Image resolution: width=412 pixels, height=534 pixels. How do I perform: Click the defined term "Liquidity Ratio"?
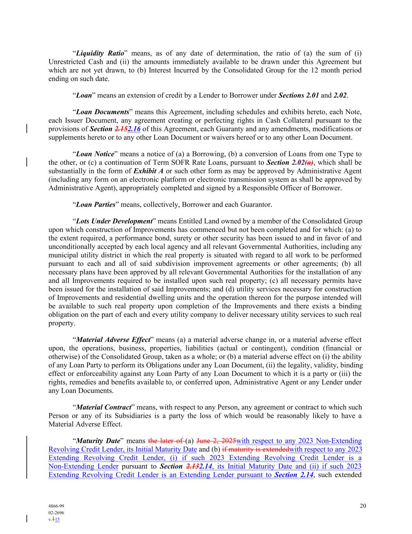[x=100, y=53]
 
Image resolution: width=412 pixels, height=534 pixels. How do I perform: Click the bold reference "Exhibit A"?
[x=149, y=171]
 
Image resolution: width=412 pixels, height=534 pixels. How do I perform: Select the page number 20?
[x=363, y=506]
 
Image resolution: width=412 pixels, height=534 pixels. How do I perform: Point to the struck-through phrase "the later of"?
[x=166, y=441]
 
